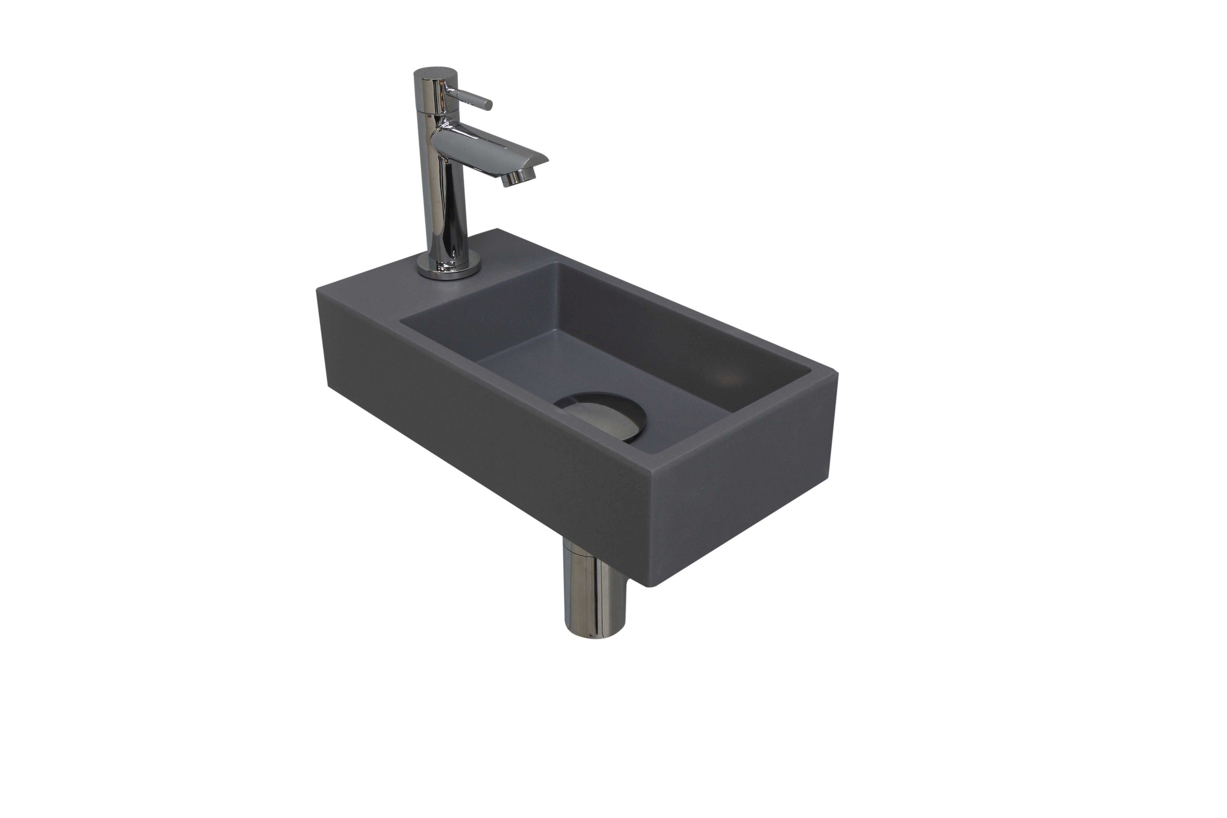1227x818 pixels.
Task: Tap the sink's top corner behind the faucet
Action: click(x=499, y=230)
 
